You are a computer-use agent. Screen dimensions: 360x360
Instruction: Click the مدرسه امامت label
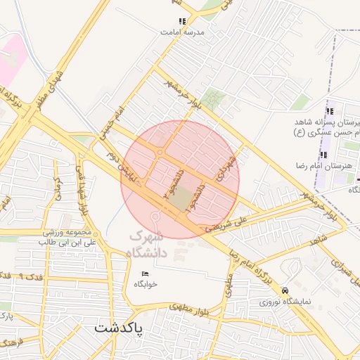(181, 32)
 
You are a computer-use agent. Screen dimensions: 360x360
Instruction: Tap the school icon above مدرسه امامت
(183, 22)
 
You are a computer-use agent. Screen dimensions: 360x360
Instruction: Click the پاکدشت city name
(118, 328)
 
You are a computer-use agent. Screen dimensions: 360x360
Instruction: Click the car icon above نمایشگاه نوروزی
(284, 290)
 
